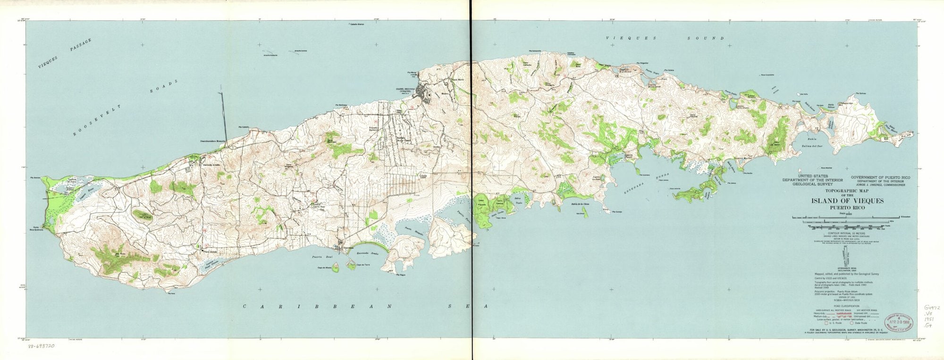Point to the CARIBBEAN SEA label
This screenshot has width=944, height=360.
coord(364,307)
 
